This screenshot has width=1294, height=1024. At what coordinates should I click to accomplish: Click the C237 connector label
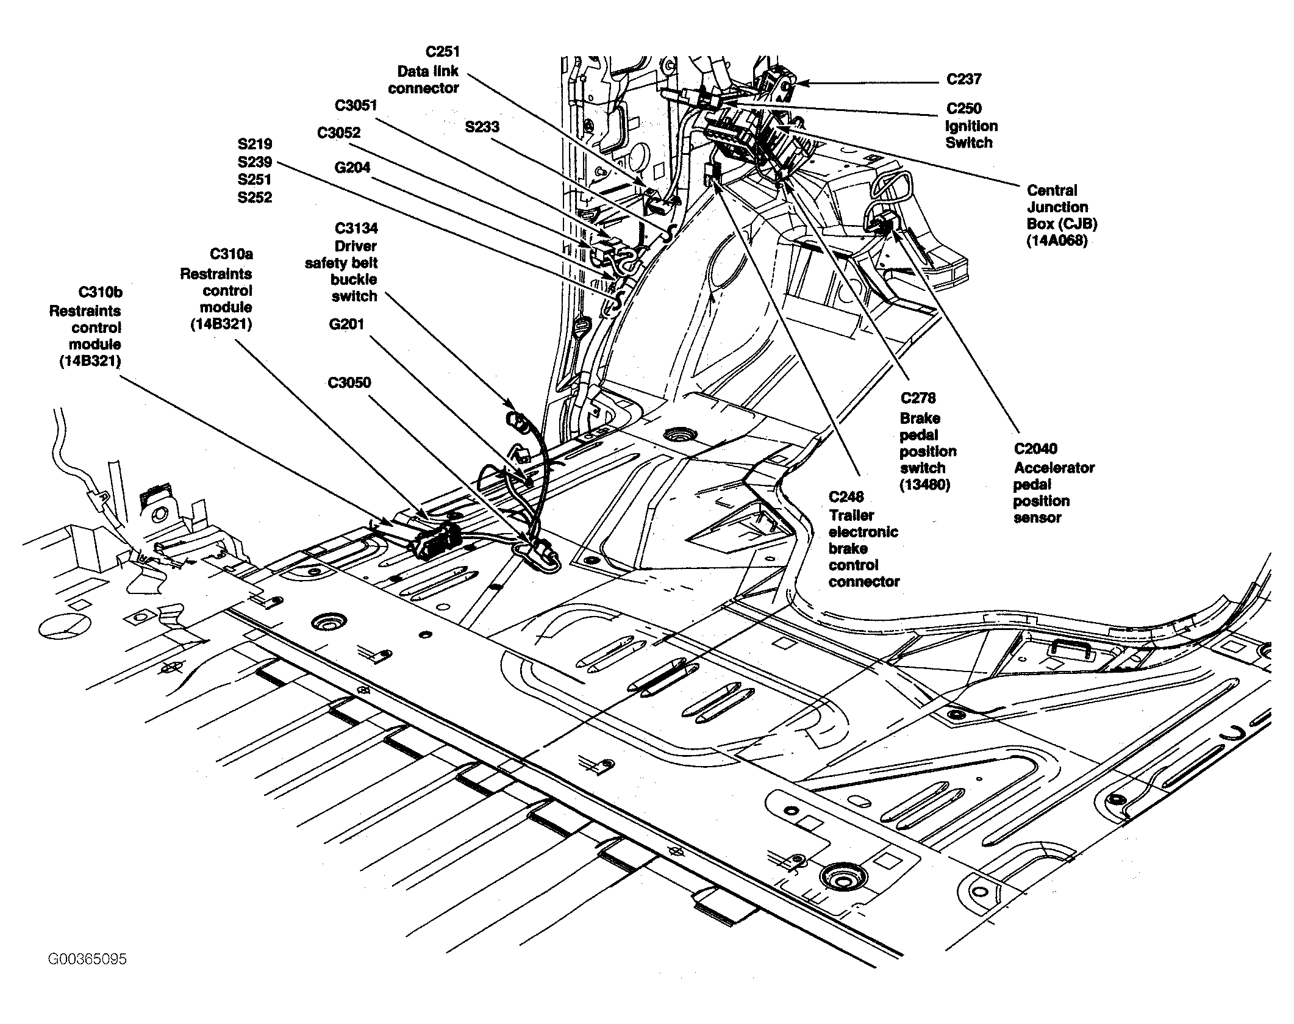tap(964, 79)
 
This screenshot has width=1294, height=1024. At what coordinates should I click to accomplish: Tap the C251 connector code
tap(443, 52)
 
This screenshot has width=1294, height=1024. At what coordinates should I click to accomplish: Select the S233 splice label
tap(482, 127)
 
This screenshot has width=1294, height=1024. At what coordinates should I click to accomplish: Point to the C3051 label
tap(356, 106)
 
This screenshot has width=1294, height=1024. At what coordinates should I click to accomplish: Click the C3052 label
tap(339, 133)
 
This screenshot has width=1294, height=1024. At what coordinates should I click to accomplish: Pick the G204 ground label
tap(352, 167)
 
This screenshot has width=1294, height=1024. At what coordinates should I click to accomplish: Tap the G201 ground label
tap(346, 324)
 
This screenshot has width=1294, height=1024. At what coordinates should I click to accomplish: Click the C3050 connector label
tap(349, 383)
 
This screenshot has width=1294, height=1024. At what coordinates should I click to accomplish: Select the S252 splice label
tap(255, 198)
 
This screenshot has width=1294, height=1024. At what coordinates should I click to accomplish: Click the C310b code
tap(101, 293)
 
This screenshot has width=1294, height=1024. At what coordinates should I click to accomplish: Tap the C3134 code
tap(356, 229)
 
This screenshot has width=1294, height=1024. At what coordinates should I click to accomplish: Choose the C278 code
tap(918, 398)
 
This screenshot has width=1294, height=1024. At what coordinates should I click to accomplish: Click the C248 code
tap(846, 498)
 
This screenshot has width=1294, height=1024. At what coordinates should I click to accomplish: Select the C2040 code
tap(1036, 449)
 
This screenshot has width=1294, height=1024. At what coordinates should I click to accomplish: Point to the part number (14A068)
tap(1057, 241)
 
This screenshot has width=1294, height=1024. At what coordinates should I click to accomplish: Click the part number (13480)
tap(925, 486)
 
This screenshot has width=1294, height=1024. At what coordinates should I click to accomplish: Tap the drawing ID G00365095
tap(87, 959)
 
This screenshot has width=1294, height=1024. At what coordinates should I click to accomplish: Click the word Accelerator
tap(1054, 468)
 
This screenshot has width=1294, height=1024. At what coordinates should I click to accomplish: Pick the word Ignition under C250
tap(971, 127)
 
